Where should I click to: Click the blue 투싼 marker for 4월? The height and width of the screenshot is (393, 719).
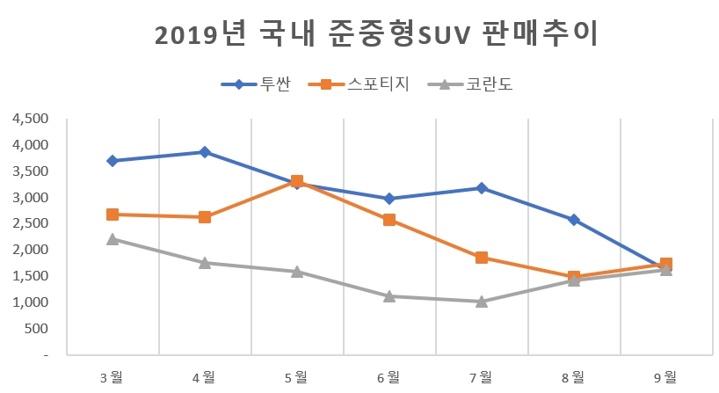point(205,152)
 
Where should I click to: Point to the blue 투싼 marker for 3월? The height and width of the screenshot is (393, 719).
point(113,161)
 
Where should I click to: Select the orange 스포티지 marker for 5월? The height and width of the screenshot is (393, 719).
point(297,181)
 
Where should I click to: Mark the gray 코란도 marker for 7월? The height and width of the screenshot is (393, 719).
point(482,302)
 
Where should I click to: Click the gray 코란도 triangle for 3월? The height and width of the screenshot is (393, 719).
point(113,239)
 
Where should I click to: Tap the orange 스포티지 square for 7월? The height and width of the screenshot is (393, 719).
point(482,258)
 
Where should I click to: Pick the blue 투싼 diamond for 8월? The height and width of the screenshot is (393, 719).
point(574,220)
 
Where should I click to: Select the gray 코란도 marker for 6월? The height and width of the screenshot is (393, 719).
point(389,296)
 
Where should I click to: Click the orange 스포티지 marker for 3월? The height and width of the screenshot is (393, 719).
point(113,215)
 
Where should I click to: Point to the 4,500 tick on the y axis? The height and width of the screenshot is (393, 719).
point(31,119)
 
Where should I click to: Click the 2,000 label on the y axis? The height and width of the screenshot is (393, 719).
point(31,250)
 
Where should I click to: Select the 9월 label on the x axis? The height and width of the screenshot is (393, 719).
point(665,376)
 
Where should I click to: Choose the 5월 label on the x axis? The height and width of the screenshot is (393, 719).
point(297,376)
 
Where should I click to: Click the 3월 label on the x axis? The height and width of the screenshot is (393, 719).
point(113,376)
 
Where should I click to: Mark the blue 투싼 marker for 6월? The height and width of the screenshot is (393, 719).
point(389,199)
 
